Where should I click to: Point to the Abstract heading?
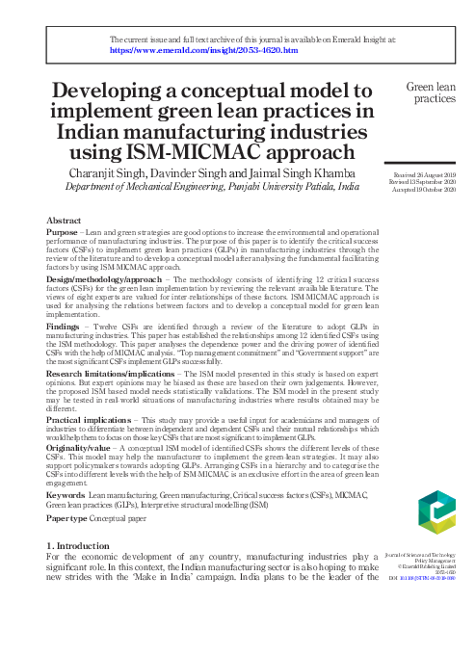tap(64, 221)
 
